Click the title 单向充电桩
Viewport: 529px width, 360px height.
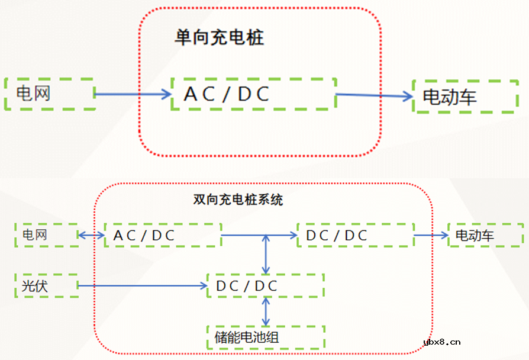point(219,38)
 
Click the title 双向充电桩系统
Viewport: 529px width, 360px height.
point(238,200)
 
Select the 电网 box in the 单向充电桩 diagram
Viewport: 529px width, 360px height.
point(50,94)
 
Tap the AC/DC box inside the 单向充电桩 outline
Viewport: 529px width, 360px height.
point(253,94)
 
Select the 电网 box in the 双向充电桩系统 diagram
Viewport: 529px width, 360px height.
point(46,235)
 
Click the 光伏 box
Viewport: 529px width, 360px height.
point(46,286)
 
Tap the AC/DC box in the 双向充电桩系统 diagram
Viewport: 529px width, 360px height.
point(162,235)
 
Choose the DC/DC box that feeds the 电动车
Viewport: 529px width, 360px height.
point(355,235)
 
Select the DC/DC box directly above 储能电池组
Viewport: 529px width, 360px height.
point(265,286)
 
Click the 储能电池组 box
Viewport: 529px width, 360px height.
point(265,337)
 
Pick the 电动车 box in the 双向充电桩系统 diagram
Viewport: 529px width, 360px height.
point(485,235)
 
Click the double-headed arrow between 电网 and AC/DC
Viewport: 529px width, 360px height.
point(91,235)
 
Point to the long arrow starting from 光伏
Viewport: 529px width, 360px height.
point(142,286)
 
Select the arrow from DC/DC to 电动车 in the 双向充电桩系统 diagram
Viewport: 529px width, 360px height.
point(431,235)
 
